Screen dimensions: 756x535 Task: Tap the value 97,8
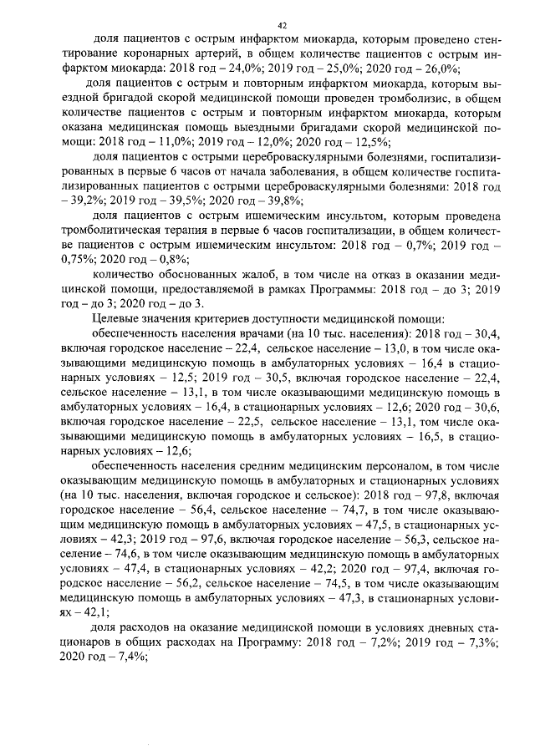pos(438,493)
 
